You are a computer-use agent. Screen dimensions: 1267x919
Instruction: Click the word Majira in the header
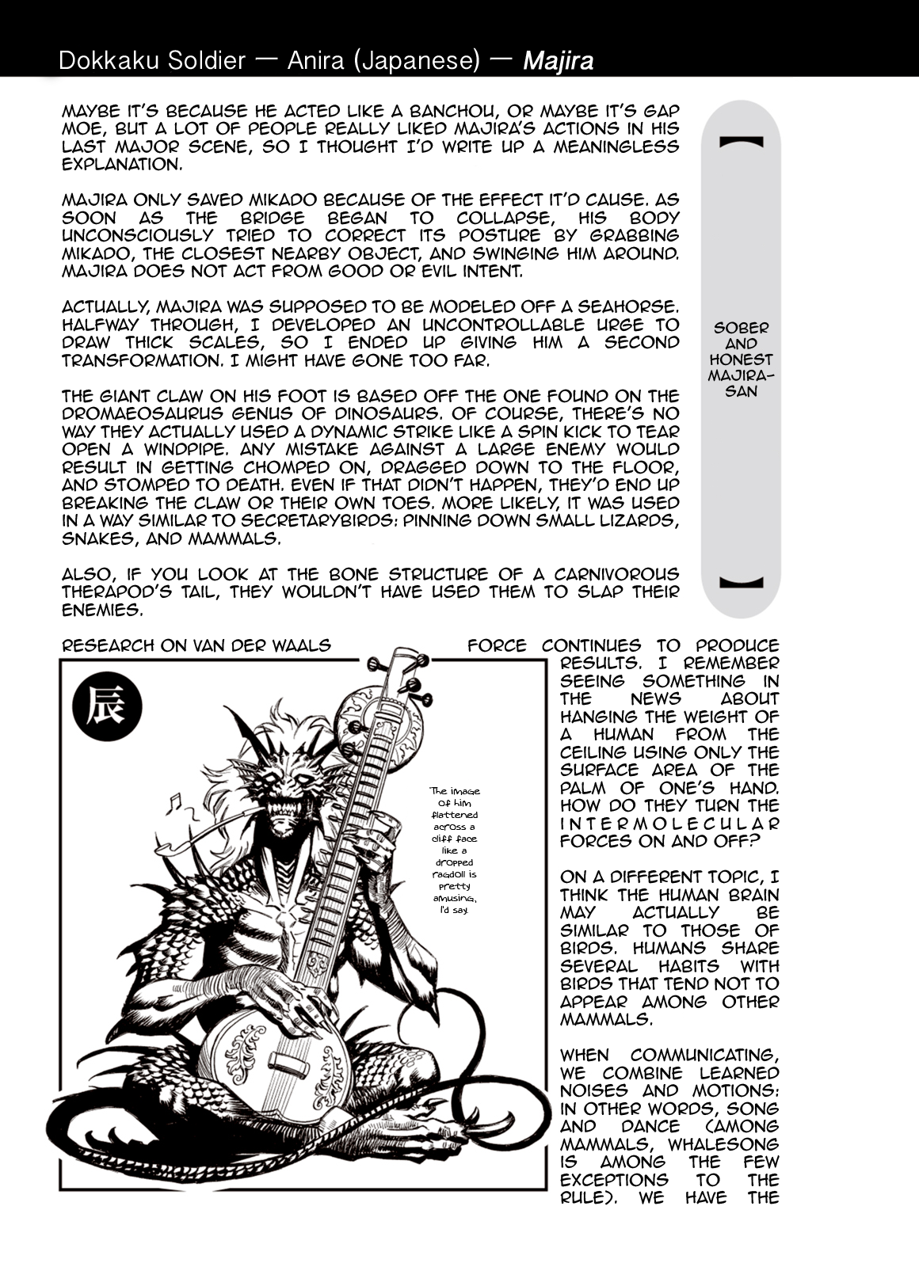pos(558,61)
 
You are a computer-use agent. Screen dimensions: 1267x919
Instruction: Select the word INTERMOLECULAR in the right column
pos(669,824)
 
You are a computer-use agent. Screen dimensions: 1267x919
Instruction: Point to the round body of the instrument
pos(265,1061)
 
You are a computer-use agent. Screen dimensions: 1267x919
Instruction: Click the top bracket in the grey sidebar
pos(741,143)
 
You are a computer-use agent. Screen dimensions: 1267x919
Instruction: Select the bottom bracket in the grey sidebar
pos(741,582)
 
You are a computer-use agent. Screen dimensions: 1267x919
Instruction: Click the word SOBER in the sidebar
pos(741,327)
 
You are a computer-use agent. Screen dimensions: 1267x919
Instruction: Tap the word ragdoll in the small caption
pos(454,875)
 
